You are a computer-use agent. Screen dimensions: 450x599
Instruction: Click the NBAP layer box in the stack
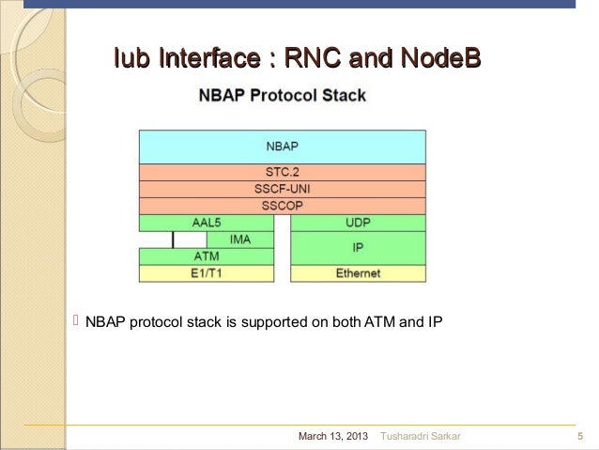point(282,147)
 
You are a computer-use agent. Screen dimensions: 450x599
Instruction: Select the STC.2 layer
point(282,173)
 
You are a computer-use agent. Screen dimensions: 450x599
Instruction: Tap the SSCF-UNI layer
point(282,189)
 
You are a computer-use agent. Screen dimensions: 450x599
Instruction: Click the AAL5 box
point(206,223)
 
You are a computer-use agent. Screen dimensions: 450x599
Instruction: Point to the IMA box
point(222,240)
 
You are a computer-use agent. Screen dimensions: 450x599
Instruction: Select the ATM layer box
point(206,256)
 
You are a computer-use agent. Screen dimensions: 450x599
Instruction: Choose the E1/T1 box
point(206,273)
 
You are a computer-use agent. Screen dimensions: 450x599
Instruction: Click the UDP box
point(358,223)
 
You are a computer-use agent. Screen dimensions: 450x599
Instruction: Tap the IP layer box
point(358,248)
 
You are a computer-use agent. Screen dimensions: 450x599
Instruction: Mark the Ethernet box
point(358,273)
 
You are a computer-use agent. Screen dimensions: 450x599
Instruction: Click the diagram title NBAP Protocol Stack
point(281,96)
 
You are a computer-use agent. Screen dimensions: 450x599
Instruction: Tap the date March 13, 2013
point(332,437)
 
